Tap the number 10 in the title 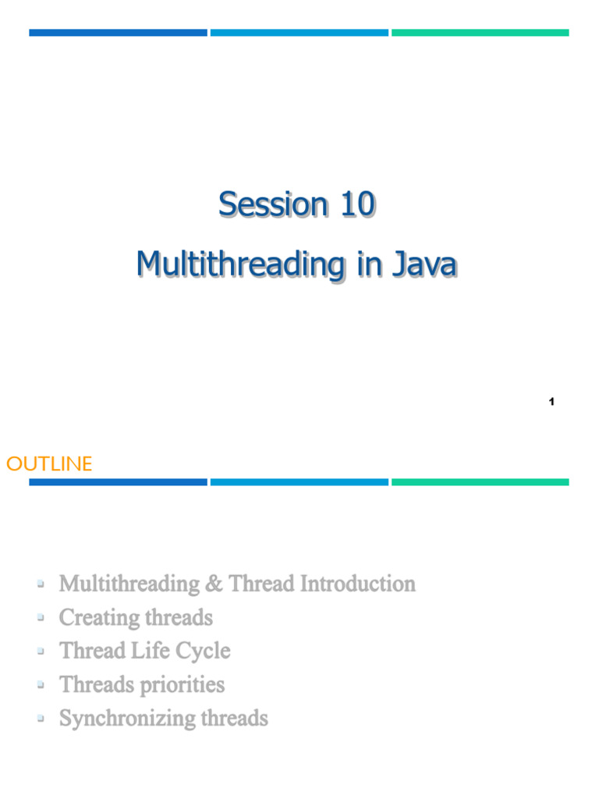(x=356, y=205)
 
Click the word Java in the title (x=424, y=265)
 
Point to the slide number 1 (x=551, y=402)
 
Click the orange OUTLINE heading (x=49, y=464)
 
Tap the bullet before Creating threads (x=40, y=617)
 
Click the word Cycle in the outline (x=205, y=651)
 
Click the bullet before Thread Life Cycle (x=40, y=651)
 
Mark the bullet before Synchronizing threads (x=40, y=718)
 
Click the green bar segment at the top (x=480, y=33)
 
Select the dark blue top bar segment (x=118, y=33)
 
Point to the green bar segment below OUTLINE (x=480, y=482)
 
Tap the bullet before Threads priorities (x=40, y=684)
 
